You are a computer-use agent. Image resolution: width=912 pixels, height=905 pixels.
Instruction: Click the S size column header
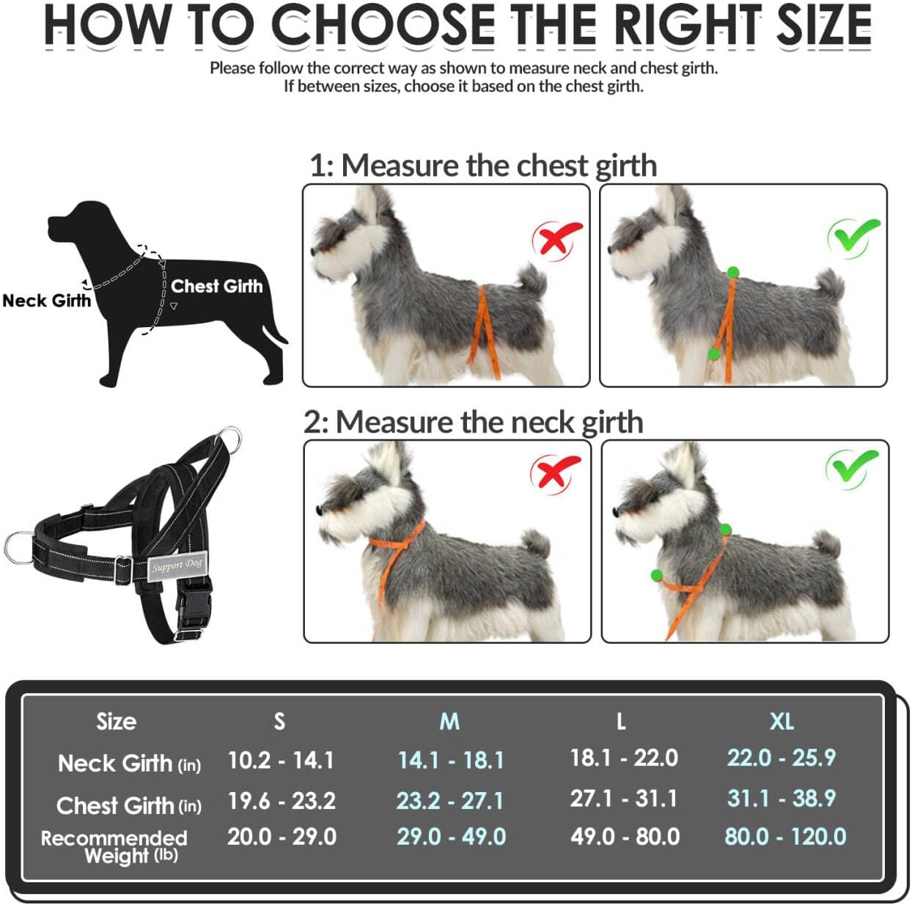[279, 722]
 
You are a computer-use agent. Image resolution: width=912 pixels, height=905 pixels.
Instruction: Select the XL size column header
[782, 722]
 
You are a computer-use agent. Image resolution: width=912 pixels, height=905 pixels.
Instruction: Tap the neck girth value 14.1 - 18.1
[451, 760]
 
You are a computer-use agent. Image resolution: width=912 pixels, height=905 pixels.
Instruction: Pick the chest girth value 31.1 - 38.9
[782, 798]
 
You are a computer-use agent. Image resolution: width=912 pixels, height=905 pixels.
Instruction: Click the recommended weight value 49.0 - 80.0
[625, 836]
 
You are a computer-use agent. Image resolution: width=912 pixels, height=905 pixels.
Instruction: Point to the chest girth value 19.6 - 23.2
[282, 800]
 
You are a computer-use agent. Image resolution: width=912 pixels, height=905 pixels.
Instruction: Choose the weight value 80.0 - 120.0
[785, 836]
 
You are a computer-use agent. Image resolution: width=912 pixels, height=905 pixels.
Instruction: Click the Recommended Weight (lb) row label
[114, 846]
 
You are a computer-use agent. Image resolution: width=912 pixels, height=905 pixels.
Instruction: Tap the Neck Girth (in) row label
[129, 763]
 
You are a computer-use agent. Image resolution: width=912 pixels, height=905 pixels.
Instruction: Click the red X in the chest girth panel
[557, 238]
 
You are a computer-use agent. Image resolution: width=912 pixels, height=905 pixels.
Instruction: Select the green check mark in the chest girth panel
[853, 236]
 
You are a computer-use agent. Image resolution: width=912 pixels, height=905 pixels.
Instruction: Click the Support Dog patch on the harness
[176, 565]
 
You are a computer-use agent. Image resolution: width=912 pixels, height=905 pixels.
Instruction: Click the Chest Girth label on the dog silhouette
[216, 286]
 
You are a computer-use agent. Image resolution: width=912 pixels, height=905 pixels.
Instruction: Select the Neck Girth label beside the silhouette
[47, 301]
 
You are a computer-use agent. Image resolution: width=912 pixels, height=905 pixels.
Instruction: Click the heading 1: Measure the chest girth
[482, 165]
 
